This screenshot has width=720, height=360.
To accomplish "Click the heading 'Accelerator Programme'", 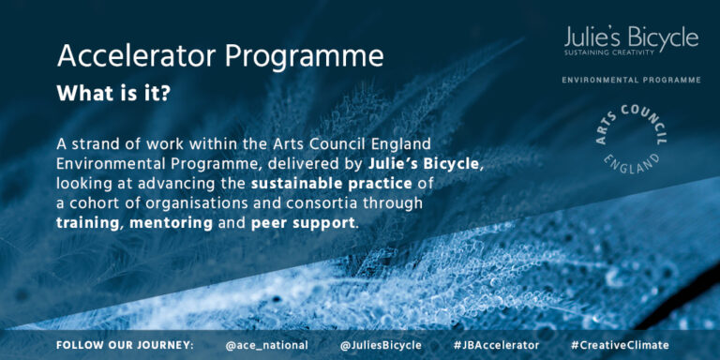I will pyautogui.click(x=220, y=55).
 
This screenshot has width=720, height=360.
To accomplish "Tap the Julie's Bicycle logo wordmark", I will pyautogui.click(x=631, y=37).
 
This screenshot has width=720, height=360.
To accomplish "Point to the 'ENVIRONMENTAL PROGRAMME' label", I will pyautogui.click(x=631, y=81).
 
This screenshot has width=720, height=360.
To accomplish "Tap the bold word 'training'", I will pyautogui.click(x=88, y=223).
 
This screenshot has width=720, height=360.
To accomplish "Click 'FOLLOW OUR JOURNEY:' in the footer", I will pyautogui.click(x=125, y=345).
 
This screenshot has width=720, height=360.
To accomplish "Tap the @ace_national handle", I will pyautogui.click(x=266, y=345).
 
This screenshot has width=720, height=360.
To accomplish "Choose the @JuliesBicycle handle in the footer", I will pyautogui.click(x=380, y=345).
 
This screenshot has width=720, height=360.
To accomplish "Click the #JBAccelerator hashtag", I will pyautogui.click(x=496, y=345).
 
